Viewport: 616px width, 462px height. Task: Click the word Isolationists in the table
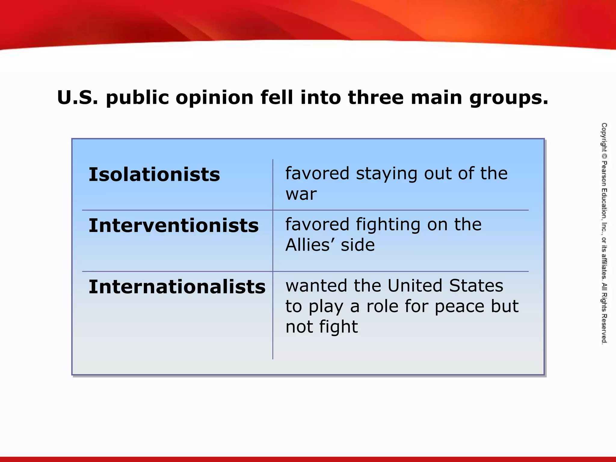pyautogui.click(x=154, y=174)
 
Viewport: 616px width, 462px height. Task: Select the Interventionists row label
pyautogui.click(x=174, y=226)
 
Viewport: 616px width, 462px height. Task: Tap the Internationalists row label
pyautogui.click(x=177, y=287)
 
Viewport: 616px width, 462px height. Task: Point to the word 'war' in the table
pyautogui.click(x=301, y=194)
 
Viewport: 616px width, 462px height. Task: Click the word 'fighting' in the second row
pyautogui.click(x=388, y=225)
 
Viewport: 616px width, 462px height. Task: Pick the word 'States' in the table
pyautogui.click(x=476, y=286)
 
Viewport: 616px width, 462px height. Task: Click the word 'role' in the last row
pyautogui.click(x=383, y=306)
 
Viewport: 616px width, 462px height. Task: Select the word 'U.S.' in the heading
pyautogui.click(x=78, y=97)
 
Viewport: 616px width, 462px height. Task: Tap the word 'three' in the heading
pyautogui.click(x=376, y=97)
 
